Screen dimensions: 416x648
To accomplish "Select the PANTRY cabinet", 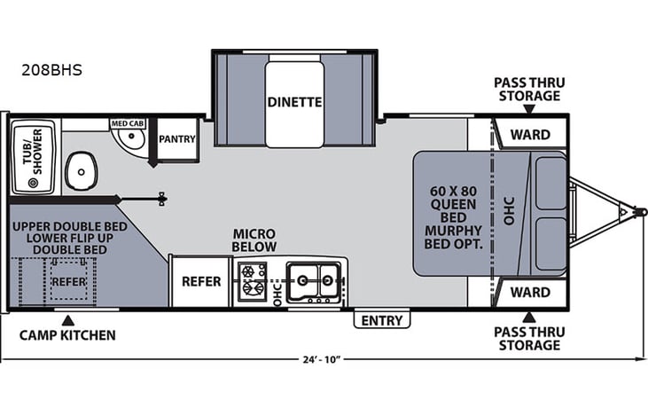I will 176,139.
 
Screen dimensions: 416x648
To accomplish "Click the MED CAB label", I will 128,124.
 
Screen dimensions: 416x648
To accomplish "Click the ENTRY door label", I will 382,320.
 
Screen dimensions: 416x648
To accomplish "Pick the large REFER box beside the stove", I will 200,281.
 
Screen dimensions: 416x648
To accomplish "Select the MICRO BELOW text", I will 254,239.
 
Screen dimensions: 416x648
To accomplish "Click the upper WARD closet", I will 530,135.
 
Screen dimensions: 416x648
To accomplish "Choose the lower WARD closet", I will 530,292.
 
